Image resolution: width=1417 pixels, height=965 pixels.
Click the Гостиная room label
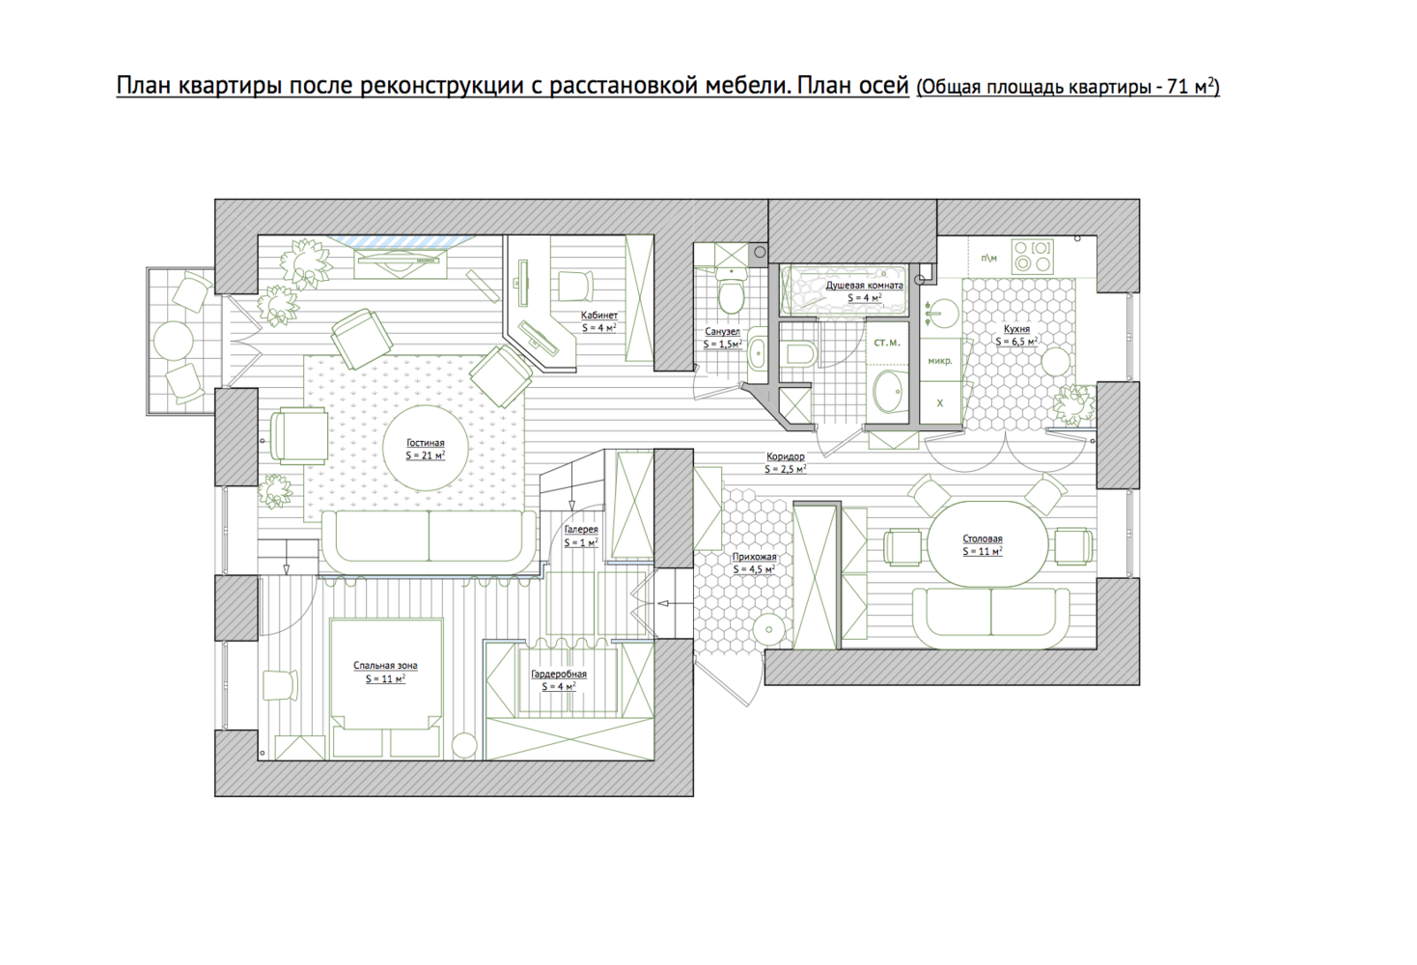[x=425, y=443]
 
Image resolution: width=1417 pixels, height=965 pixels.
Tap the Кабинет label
[x=599, y=315]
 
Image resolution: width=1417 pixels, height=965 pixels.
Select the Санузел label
[x=722, y=331]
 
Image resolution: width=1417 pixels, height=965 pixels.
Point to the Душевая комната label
[x=864, y=286]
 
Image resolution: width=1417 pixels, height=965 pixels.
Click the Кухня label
[x=1016, y=329]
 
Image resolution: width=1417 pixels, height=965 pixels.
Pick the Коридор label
[x=785, y=455]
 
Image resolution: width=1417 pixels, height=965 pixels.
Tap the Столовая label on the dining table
[x=983, y=538]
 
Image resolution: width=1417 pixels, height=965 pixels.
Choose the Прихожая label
[x=754, y=557]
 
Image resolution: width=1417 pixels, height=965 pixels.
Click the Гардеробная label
[x=559, y=675]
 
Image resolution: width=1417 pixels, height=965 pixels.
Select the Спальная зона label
[x=385, y=665]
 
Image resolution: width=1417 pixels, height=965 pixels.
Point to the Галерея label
[x=581, y=529]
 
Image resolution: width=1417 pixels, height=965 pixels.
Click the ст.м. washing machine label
[x=886, y=343]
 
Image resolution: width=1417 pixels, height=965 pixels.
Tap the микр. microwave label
[x=939, y=361]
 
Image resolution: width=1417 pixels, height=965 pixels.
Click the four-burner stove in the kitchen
[x=1032, y=256]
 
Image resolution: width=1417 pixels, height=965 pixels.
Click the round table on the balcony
[x=174, y=341]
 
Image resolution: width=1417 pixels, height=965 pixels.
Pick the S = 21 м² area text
[x=425, y=455]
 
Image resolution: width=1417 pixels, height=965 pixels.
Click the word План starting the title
[x=144, y=85]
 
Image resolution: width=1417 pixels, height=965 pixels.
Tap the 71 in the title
[x=1178, y=87]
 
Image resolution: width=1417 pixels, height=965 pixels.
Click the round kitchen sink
[x=941, y=314]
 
